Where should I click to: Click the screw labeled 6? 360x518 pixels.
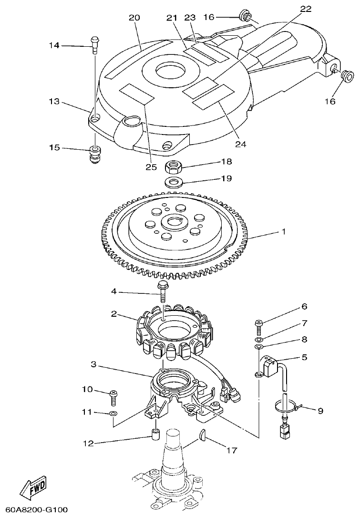(x=258, y=326)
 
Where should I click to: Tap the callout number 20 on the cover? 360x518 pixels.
(x=134, y=18)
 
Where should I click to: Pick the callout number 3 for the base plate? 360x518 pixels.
(x=94, y=364)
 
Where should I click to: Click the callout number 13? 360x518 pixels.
(x=54, y=101)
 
